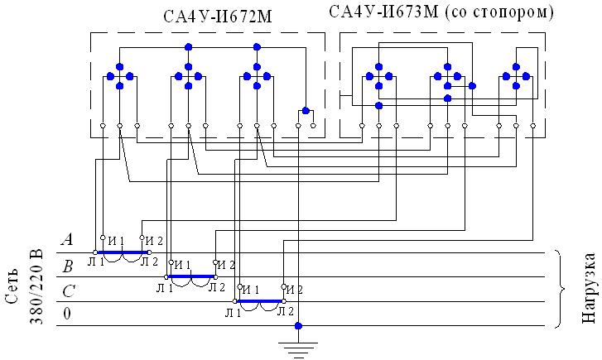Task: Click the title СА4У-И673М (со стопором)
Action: coord(441,13)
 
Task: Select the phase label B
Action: coord(68,266)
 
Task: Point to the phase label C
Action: coord(68,290)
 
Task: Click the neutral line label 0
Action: coord(68,314)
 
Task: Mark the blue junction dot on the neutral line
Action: coord(299,326)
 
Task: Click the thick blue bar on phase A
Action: coord(123,252)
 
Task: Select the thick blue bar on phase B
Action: coord(191,276)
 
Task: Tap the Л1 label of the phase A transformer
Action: coord(95,262)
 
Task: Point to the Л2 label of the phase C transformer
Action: coord(284,311)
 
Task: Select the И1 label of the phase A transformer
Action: coord(115,241)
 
